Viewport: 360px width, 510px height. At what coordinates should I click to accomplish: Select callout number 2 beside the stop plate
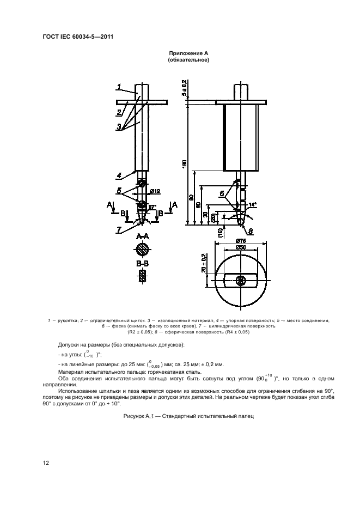click(118, 113)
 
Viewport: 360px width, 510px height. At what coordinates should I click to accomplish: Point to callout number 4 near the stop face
click(118, 175)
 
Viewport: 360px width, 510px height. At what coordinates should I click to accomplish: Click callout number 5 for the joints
click(119, 190)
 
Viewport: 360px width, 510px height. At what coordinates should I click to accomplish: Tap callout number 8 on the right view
click(244, 230)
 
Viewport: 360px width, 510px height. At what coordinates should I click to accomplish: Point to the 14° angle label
click(252, 205)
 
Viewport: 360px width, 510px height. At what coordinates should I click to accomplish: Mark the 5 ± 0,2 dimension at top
click(185, 89)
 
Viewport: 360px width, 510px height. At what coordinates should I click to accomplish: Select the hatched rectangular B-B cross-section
click(143, 276)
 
